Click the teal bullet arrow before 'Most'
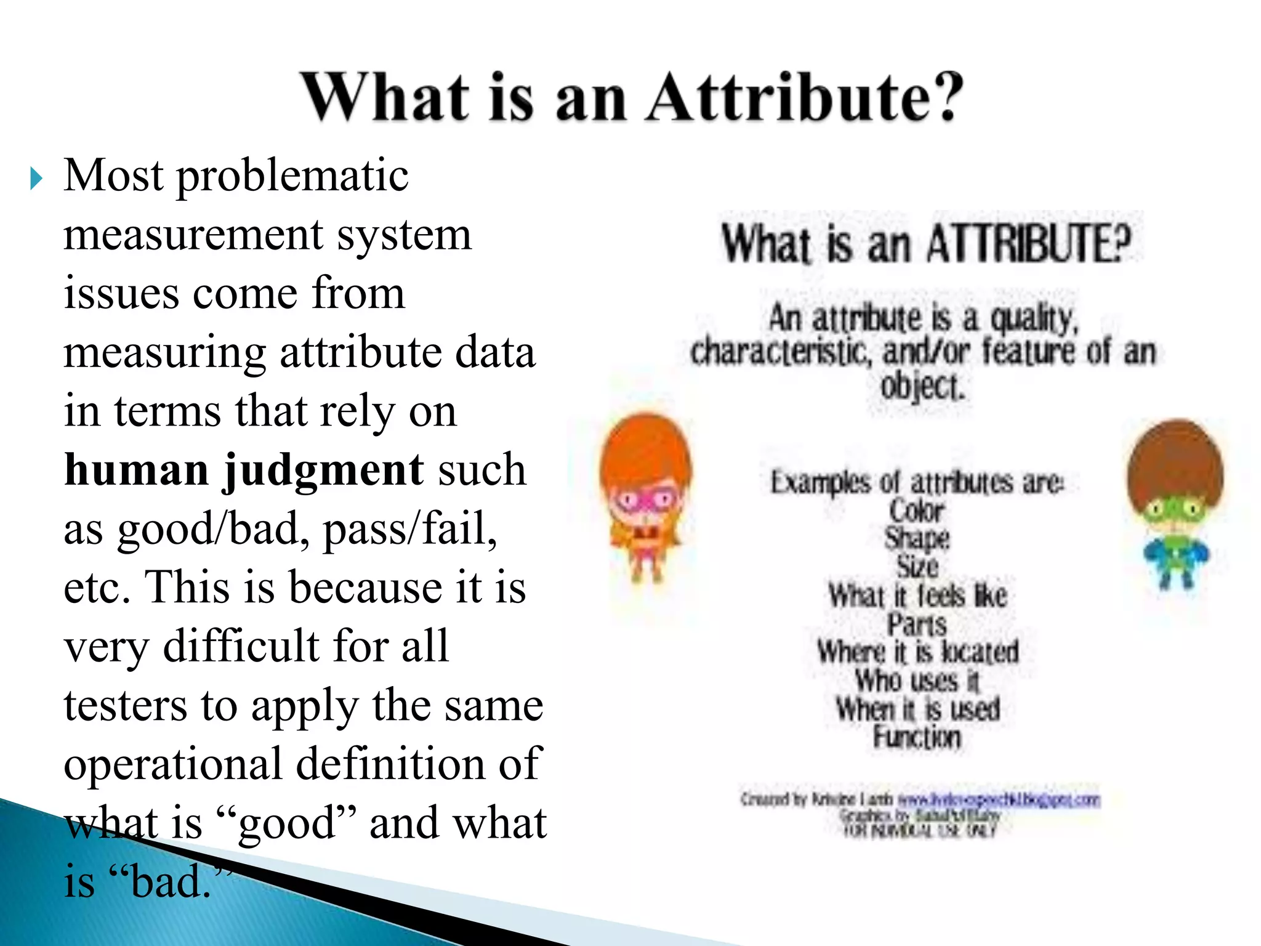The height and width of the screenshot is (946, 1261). tap(36, 179)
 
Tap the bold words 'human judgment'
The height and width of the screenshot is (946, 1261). tap(244, 470)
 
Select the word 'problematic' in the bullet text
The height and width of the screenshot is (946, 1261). tap(292, 177)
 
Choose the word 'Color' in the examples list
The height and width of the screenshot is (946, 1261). tap(917, 511)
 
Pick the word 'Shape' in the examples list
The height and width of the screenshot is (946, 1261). tap(917, 538)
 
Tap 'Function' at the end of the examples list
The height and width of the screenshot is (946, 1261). tap(917, 737)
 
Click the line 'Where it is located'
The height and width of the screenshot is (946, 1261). tap(917, 652)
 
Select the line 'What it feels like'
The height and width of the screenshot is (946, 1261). tap(917, 596)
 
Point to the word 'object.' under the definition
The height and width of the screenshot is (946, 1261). tap(922, 387)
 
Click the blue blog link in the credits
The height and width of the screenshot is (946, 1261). tap(998, 799)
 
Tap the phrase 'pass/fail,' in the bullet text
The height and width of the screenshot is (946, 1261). tap(410, 529)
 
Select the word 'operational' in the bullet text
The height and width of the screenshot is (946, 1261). tap(173, 764)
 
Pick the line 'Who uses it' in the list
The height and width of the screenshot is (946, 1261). tap(917, 681)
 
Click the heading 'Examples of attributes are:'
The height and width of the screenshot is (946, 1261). tap(917, 482)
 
